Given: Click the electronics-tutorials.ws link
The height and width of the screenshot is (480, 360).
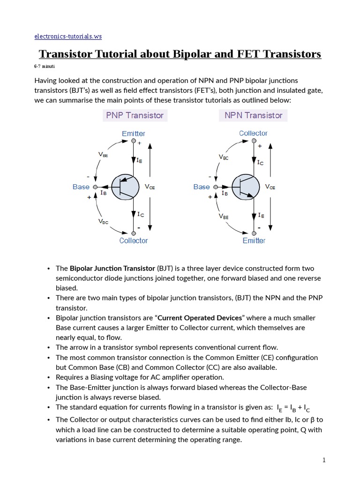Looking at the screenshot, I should point(68,36).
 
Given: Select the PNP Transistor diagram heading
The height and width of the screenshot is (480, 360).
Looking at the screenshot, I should point(135,115).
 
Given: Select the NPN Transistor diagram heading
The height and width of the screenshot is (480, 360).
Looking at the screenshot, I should point(253,115).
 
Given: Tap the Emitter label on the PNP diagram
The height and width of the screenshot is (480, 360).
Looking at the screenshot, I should point(133,134).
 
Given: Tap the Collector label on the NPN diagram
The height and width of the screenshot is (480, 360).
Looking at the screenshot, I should point(253,133).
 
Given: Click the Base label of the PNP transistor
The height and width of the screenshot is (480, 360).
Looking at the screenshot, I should point(81,187).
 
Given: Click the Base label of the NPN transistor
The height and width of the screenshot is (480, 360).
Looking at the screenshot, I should point(202,187).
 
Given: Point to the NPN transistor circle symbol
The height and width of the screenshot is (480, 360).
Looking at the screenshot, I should point(246,187).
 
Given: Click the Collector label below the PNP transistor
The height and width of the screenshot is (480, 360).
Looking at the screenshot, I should point(133,240).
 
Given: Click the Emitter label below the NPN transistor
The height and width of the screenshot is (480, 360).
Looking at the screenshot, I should point(254,240).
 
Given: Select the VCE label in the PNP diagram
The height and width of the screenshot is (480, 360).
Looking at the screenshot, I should point(150,187).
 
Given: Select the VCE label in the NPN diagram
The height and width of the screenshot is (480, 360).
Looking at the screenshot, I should point(270,187).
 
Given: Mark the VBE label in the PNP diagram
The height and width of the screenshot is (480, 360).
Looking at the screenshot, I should point(103,154).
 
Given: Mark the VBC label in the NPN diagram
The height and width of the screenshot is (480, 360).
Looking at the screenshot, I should point(224,157).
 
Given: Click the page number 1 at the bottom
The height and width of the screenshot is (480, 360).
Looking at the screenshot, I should point(323,460).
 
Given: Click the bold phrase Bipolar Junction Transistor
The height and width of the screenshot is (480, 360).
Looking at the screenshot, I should point(112,269).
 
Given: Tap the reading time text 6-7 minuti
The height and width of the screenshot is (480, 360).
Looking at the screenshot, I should point(45,67).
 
